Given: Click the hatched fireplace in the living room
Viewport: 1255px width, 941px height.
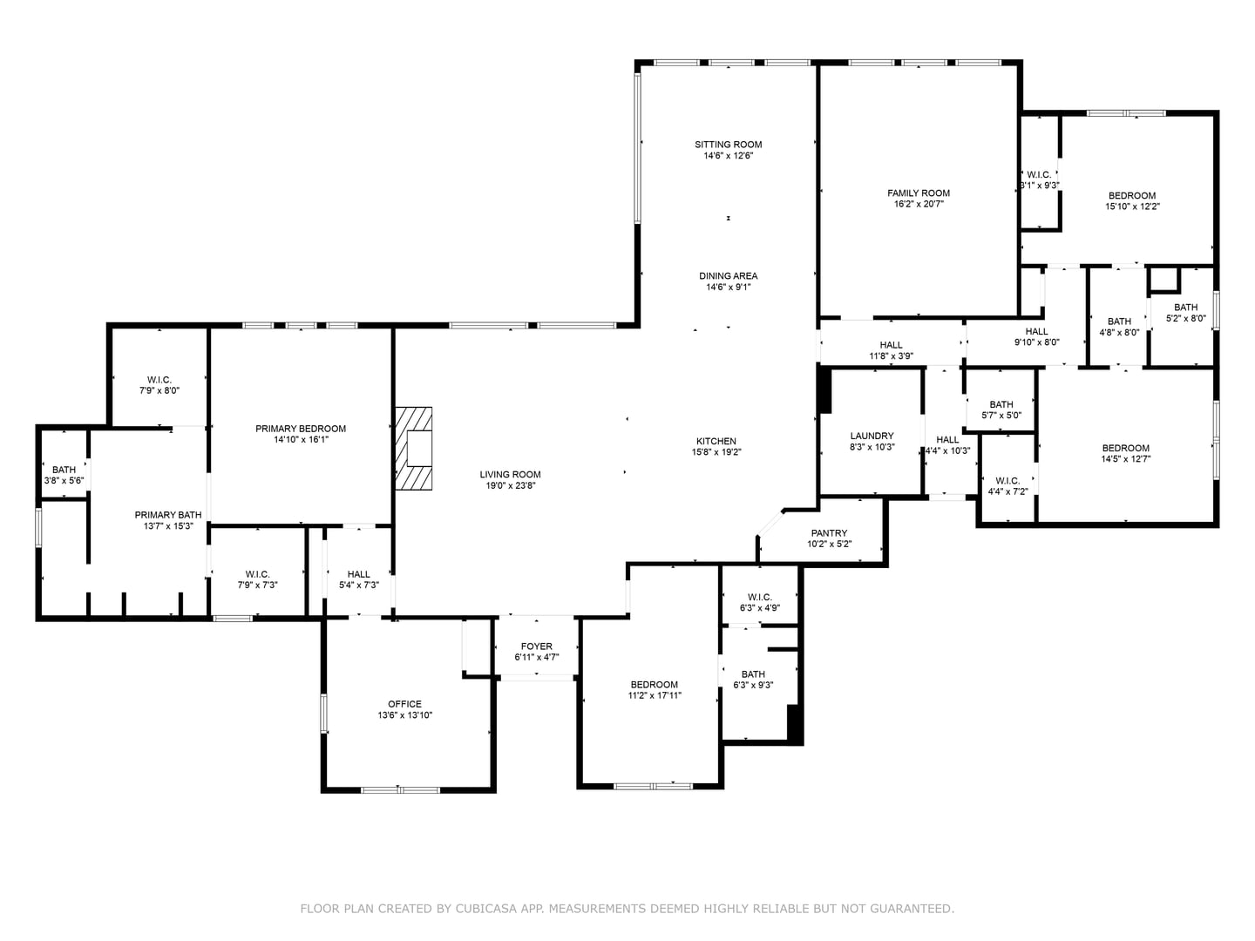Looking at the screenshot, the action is point(413,448).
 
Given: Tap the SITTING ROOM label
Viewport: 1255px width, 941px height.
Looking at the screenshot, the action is point(728,145).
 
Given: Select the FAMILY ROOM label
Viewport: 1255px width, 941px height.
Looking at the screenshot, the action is point(919,193).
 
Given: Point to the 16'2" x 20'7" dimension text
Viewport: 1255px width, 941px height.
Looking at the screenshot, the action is point(919,204).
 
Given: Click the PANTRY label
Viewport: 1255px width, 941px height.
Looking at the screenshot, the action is point(829,533).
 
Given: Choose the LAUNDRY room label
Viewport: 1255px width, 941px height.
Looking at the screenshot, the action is point(872,436).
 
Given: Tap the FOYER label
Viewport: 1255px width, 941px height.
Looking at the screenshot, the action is point(536,647).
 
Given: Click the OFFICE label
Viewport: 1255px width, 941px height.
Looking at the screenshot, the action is point(404,704).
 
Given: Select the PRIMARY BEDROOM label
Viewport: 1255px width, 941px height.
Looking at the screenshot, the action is point(300,429).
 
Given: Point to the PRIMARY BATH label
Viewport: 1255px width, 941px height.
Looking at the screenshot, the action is point(168,515).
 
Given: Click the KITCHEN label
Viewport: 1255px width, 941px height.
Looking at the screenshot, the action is point(716,441).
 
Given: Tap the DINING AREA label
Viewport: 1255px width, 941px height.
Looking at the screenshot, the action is point(728,276).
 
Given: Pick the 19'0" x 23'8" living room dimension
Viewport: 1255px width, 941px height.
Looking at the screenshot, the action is point(510,485).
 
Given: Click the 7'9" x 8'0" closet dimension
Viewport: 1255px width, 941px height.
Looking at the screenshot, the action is point(159,391).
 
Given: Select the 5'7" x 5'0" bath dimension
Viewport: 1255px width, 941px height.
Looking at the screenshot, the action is point(1001,416).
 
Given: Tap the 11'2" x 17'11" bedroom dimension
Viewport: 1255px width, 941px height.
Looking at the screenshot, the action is point(655,695).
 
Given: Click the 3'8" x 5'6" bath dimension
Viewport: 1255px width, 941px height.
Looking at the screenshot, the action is point(64,480).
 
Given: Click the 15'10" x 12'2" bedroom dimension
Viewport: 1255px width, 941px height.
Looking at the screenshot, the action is point(1132,206).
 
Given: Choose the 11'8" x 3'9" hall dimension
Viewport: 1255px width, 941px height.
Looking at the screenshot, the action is point(891,356).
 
